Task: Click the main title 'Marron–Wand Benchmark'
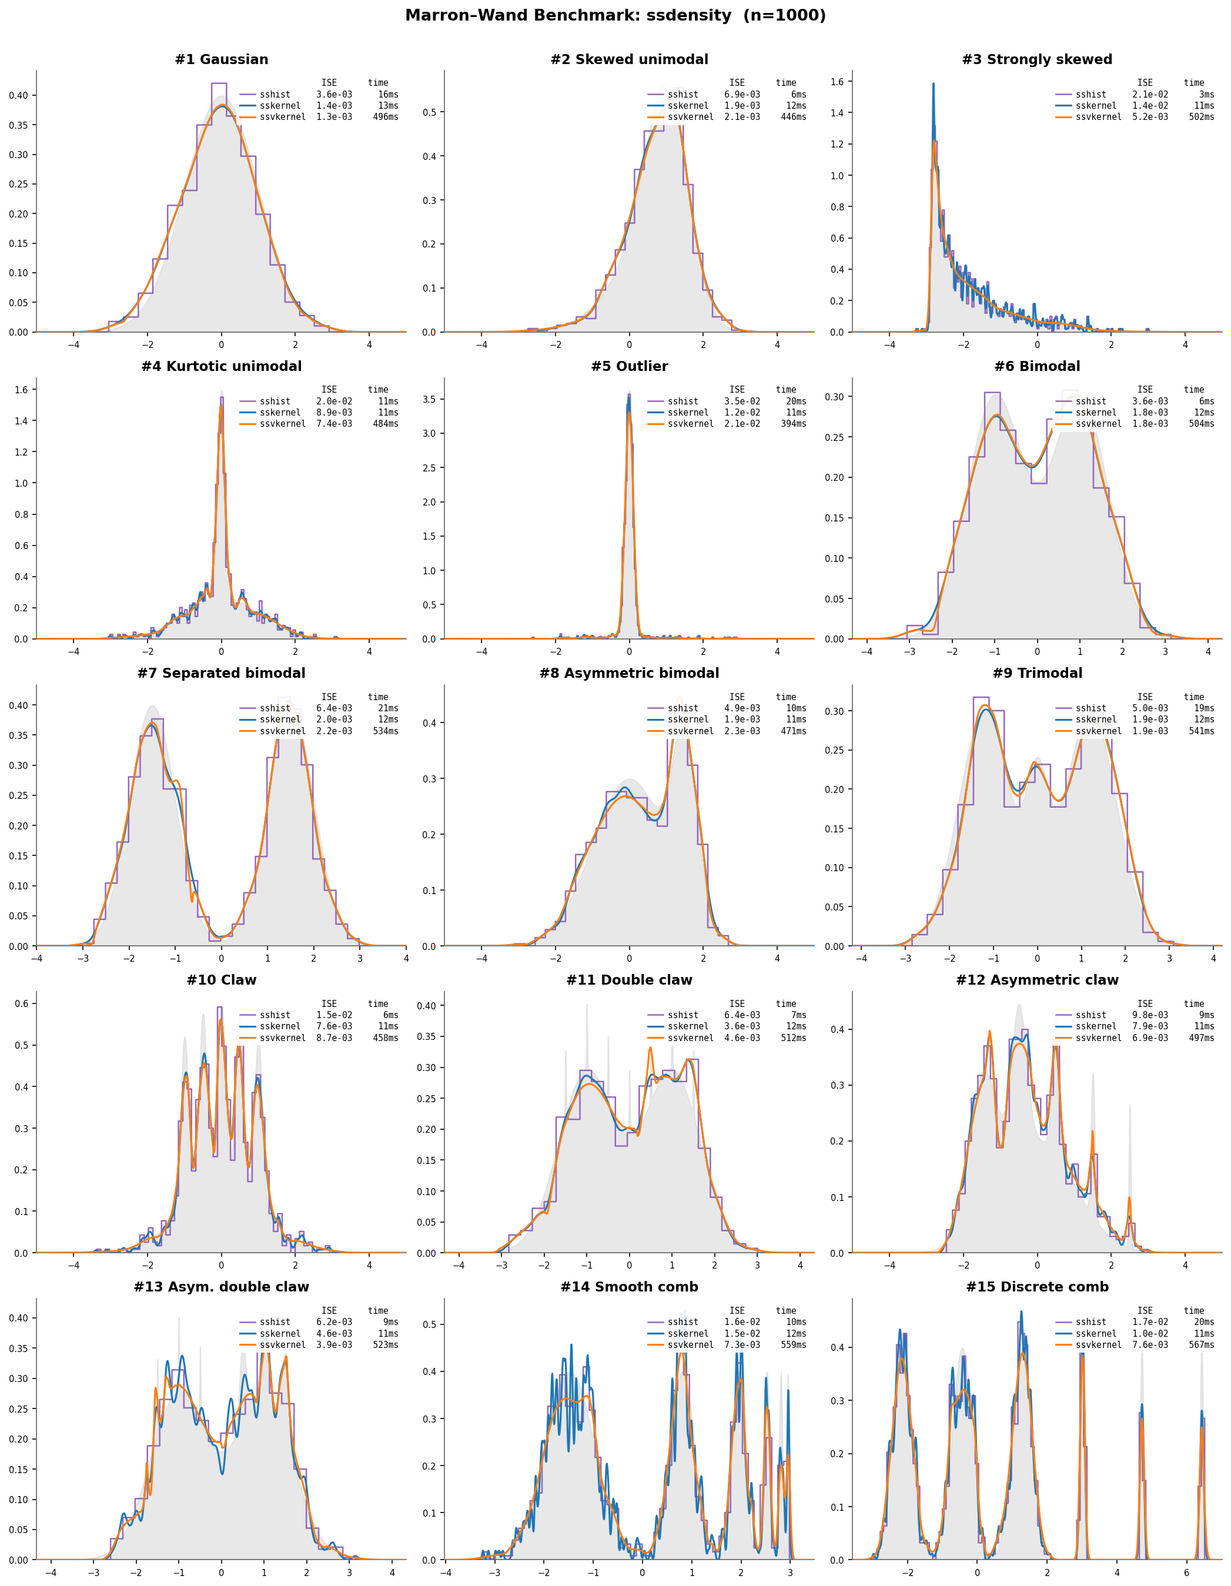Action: (x=615, y=15)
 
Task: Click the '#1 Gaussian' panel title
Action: (x=222, y=59)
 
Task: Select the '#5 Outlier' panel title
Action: (x=629, y=366)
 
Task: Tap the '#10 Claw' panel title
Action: (x=222, y=979)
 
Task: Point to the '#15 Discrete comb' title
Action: (x=1037, y=1287)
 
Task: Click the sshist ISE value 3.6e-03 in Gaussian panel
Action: (x=334, y=95)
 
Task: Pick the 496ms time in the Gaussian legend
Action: (x=386, y=117)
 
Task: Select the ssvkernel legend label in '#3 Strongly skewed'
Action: (x=1098, y=117)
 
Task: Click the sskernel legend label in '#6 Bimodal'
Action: (x=1095, y=413)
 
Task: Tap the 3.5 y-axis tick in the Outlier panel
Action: (x=429, y=399)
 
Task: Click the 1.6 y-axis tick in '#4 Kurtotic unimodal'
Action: (x=21, y=390)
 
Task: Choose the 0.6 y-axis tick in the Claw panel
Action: (x=21, y=1003)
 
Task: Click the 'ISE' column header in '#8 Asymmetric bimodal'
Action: (x=737, y=697)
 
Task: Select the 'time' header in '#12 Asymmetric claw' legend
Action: (x=1194, y=1003)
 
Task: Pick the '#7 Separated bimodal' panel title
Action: (x=222, y=673)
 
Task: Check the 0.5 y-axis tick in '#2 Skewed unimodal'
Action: (x=429, y=112)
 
